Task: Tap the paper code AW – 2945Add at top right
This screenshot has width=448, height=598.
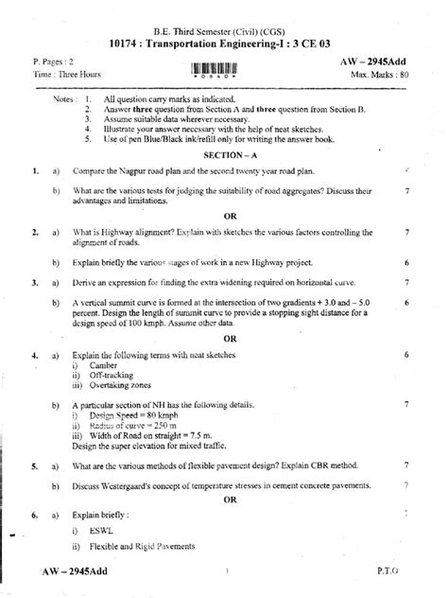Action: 377,60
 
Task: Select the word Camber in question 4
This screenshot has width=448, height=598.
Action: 103,364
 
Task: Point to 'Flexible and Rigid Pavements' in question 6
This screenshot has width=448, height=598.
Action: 144,548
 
